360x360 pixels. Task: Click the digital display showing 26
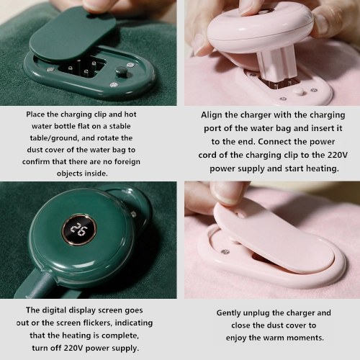(79, 230)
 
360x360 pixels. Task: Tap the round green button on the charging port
(120, 72)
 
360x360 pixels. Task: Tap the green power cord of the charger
(40, 287)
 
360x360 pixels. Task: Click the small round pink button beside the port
(300, 91)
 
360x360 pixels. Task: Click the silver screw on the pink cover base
(225, 252)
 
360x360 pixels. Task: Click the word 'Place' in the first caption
(35, 114)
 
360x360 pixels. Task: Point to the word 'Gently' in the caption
(229, 313)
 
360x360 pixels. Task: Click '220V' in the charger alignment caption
(338, 155)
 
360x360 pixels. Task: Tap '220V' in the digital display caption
(73, 348)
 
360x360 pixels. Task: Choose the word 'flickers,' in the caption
(98, 323)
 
